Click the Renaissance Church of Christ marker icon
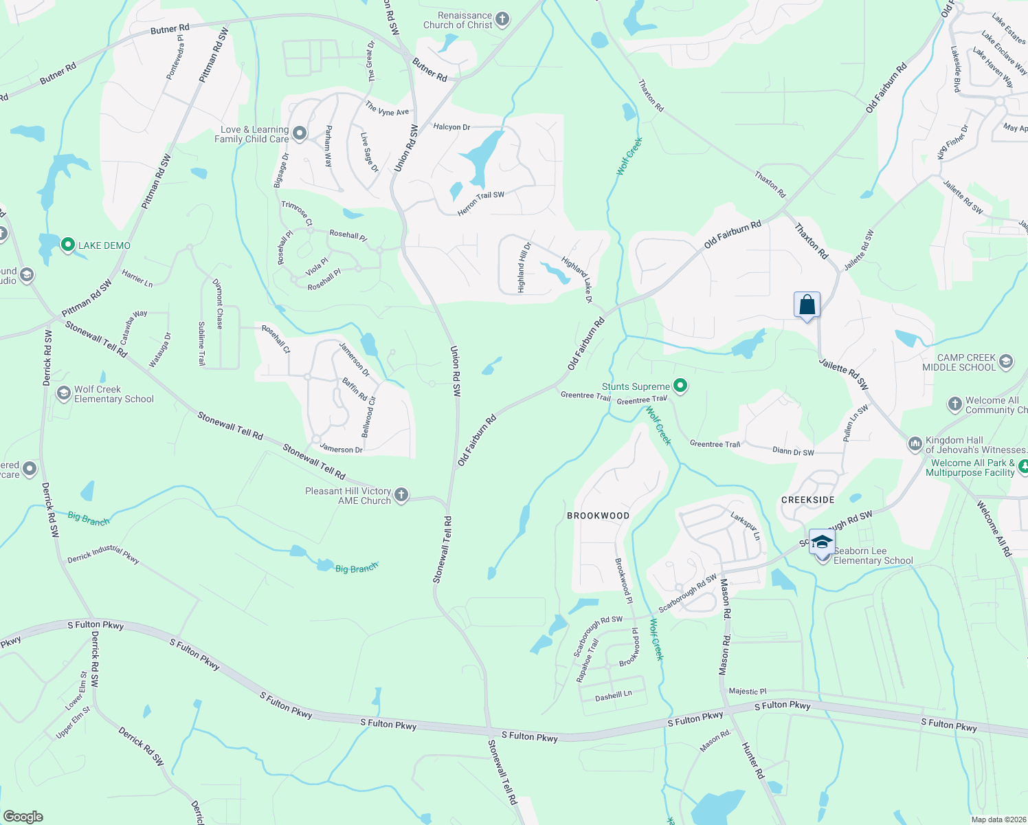point(502,19)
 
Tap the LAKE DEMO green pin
point(67,245)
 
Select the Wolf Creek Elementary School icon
point(64,393)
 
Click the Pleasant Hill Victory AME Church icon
point(401,495)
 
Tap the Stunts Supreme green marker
point(680,386)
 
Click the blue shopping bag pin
point(807,305)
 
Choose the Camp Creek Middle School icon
point(1006,362)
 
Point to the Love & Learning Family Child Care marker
point(300,133)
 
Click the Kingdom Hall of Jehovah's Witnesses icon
point(915,444)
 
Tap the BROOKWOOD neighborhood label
point(598,516)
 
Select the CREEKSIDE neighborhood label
point(808,500)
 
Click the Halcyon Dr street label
point(451,127)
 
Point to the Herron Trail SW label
point(480,203)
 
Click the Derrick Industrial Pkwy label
point(103,555)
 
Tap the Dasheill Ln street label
point(613,696)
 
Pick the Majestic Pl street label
point(747,692)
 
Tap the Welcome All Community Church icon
point(954,404)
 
